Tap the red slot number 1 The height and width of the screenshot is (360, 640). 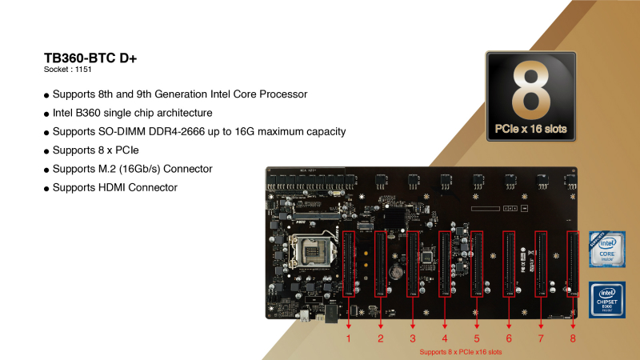coord(349,338)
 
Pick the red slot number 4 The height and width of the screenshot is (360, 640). coord(445,338)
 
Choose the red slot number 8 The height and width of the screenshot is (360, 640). coord(573,338)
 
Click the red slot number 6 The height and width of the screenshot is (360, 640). coord(509,338)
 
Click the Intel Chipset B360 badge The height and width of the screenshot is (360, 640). coord(607,300)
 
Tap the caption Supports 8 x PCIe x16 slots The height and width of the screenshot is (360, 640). coord(461,352)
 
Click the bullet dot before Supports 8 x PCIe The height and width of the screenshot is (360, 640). coord(47,151)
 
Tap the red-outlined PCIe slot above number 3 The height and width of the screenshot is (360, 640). coord(413,264)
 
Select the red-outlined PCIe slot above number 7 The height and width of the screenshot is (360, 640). coord(541,264)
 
